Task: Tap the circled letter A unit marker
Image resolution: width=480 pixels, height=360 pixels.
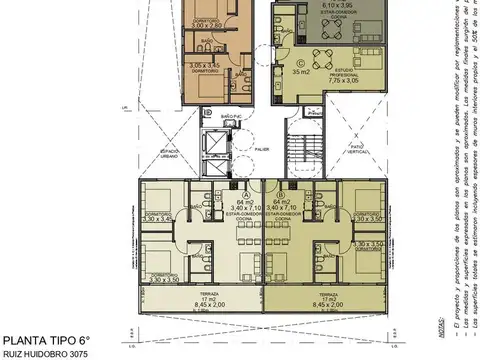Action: pyautogui.click(x=246, y=195)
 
